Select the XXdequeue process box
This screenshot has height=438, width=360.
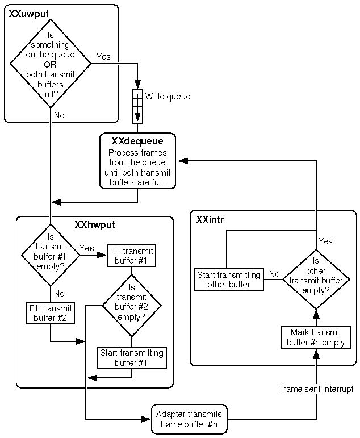coord(137,161)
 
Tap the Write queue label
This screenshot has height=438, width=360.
coord(168,97)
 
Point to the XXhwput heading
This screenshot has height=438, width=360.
coord(95,224)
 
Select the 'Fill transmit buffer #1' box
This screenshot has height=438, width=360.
coord(132,256)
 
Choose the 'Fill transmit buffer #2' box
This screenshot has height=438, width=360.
coord(51,313)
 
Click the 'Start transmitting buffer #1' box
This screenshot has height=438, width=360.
coord(132,357)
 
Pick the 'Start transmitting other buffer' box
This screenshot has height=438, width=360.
coord(229,280)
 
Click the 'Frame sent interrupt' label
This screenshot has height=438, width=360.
coord(316,389)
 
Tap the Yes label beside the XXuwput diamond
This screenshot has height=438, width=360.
coord(103,56)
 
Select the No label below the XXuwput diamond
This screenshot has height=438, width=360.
coord(59,115)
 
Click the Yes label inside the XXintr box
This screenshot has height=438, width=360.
coord(325,241)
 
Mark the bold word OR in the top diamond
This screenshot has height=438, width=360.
coord(51,64)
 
